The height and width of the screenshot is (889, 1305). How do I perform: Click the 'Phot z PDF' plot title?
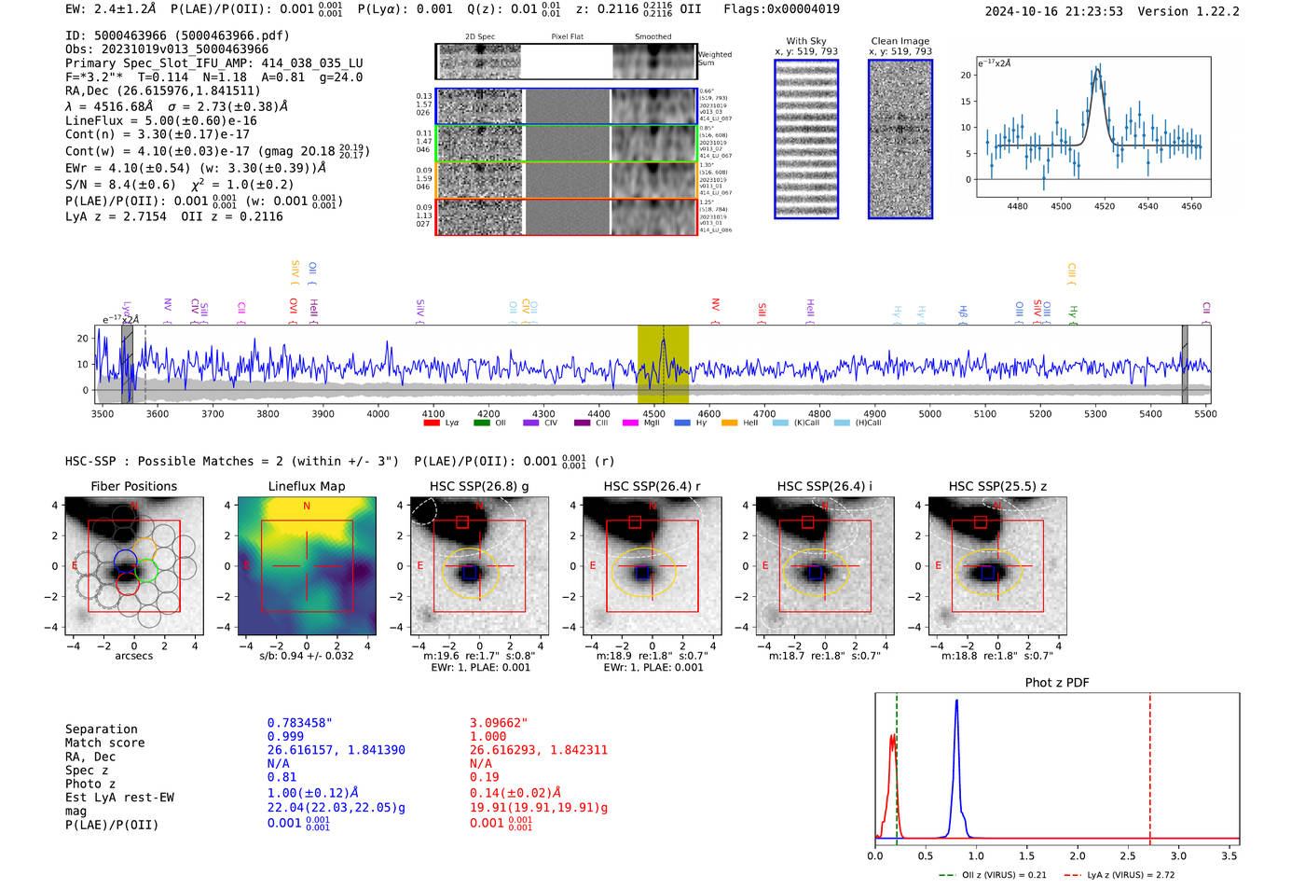[x=1056, y=682]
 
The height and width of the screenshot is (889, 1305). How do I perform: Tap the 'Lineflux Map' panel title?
[x=306, y=486]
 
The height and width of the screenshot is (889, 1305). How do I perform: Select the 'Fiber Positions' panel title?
[x=133, y=486]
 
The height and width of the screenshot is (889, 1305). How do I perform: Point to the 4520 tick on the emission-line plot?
[x=1104, y=206]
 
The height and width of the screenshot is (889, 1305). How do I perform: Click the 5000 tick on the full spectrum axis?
[x=929, y=413]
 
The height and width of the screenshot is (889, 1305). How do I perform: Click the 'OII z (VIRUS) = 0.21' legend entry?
[x=994, y=875]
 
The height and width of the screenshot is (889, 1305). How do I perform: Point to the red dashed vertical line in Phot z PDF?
[x=1149, y=765]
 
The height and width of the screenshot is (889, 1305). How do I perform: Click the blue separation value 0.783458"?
[x=299, y=723]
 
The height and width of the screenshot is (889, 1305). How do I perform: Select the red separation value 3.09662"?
[x=499, y=723]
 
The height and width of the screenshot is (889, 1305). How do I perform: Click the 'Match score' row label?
[x=104, y=743]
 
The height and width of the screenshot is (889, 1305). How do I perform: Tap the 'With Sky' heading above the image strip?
[x=805, y=41]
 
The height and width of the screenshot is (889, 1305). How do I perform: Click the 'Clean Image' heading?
[x=900, y=41]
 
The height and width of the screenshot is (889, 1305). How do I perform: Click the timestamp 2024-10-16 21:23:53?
[x=1053, y=11]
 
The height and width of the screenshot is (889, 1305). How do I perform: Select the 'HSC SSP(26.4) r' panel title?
[x=652, y=486]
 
